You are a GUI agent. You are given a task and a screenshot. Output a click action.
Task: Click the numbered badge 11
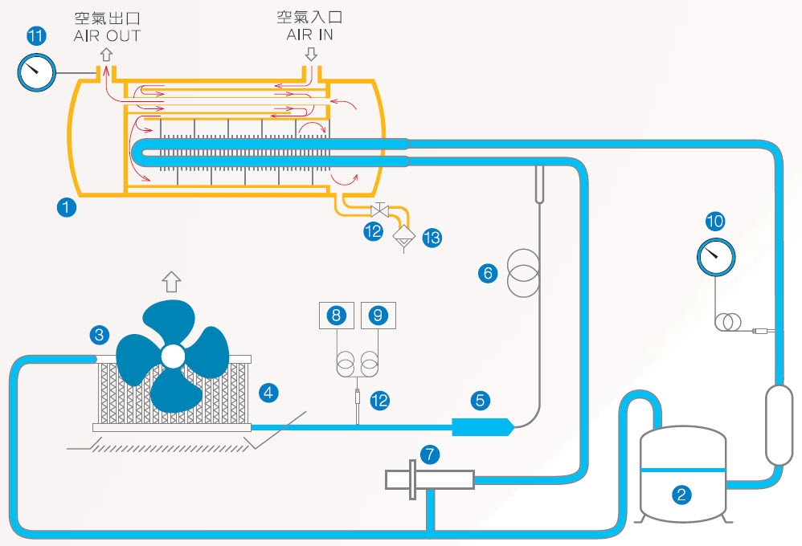tap(35, 36)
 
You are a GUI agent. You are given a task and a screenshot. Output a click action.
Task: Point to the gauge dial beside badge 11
tap(35, 73)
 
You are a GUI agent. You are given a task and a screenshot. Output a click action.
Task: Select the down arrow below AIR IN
tap(310, 54)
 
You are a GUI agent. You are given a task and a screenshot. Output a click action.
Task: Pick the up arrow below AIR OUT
tap(106, 54)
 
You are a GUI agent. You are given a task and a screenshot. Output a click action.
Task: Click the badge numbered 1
tap(67, 207)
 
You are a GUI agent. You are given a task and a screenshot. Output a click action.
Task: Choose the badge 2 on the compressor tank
tap(681, 495)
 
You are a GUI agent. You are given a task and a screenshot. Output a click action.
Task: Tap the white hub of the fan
tap(172, 356)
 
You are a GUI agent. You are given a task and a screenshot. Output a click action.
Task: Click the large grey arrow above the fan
tap(170, 281)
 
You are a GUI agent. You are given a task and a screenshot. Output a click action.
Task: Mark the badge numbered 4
tap(269, 393)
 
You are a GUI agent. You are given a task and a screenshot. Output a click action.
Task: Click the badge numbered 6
tap(488, 273)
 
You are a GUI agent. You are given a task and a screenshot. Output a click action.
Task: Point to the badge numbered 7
tap(432, 455)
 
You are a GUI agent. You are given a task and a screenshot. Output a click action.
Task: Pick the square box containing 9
tap(378, 315)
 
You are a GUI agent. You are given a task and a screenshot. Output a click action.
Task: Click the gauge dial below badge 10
tap(714, 257)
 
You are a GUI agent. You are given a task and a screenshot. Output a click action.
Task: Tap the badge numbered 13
tap(432, 238)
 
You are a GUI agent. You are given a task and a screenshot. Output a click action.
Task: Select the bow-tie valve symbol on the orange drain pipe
tap(378, 211)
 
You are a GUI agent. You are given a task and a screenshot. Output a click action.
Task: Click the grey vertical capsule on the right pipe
tap(779, 425)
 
